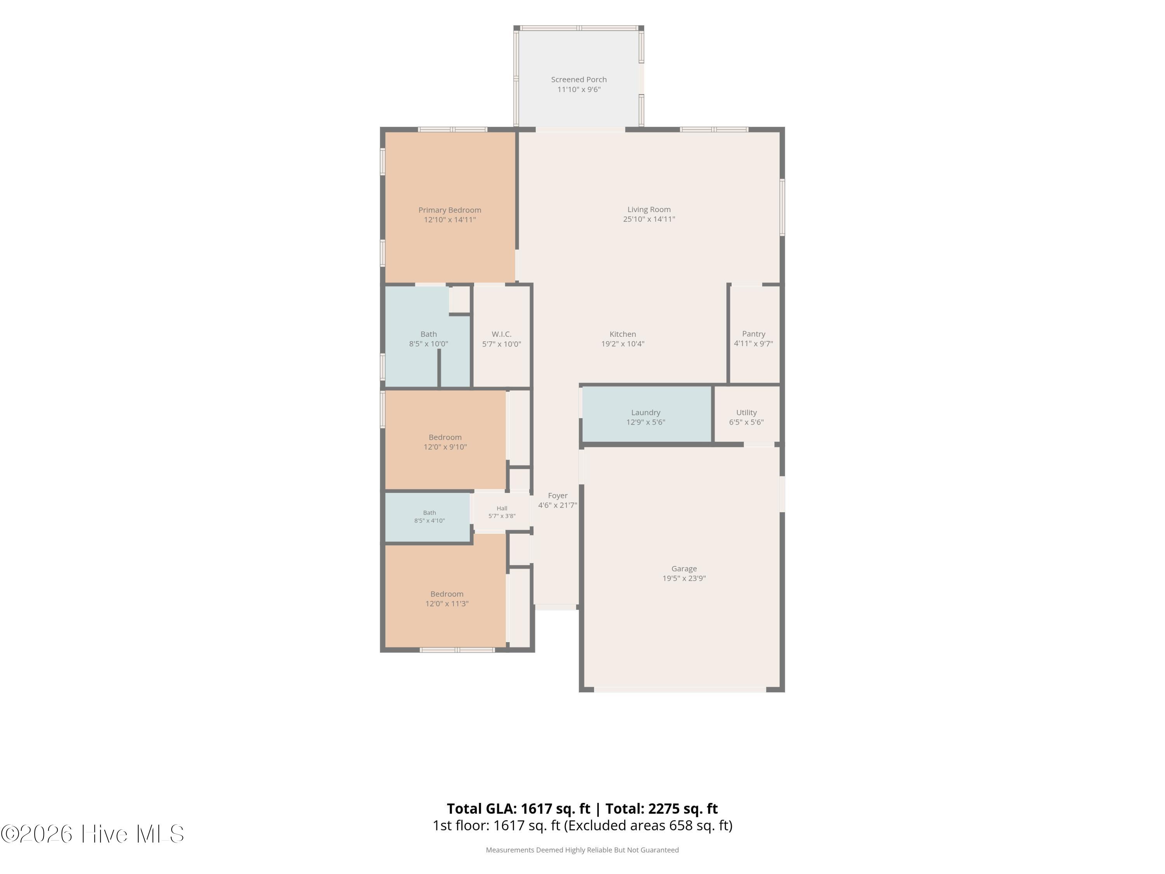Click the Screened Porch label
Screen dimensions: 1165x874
coord(579,80)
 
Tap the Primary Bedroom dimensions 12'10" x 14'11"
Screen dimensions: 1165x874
coord(450,220)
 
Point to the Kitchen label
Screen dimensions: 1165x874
coord(622,334)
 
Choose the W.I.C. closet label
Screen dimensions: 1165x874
coord(501,334)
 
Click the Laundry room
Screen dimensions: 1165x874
coord(647,414)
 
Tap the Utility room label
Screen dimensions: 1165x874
coord(746,413)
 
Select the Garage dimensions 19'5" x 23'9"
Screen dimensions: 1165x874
coord(684,578)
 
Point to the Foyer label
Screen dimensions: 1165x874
coord(558,496)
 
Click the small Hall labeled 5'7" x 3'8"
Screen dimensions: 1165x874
coord(502,512)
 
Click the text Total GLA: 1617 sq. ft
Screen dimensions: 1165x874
coord(519,809)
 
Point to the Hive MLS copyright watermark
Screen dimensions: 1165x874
coord(93,834)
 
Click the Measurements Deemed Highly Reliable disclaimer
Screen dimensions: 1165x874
coord(582,850)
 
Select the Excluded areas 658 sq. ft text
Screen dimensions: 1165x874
coord(649,825)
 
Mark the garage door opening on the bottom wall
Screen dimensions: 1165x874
coord(680,689)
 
